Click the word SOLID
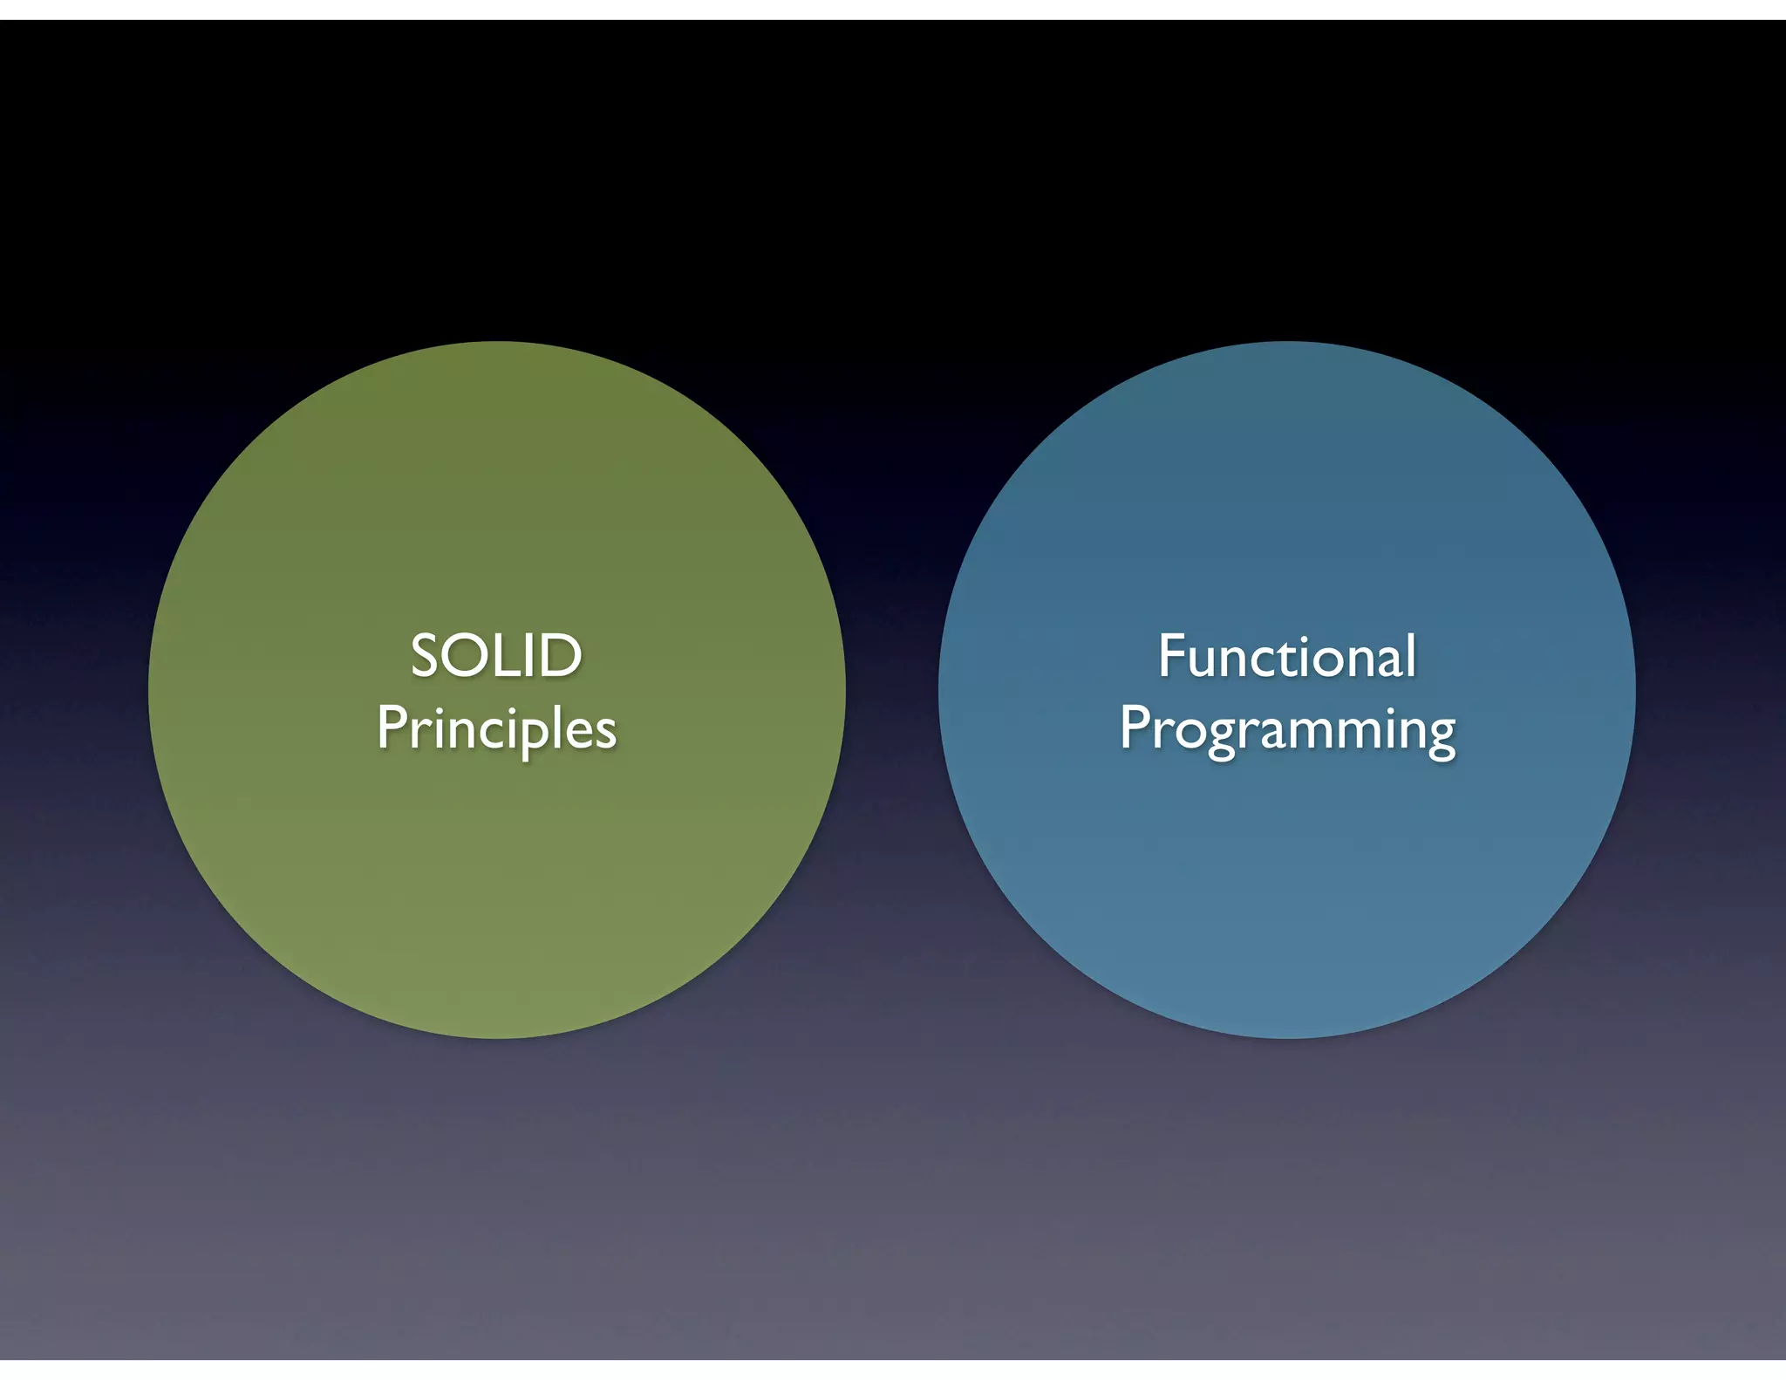coord(496,656)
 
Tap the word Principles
coord(496,729)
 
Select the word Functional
coord(1286,656)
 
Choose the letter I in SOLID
coord(530,656)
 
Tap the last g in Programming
coord(1439,737)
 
